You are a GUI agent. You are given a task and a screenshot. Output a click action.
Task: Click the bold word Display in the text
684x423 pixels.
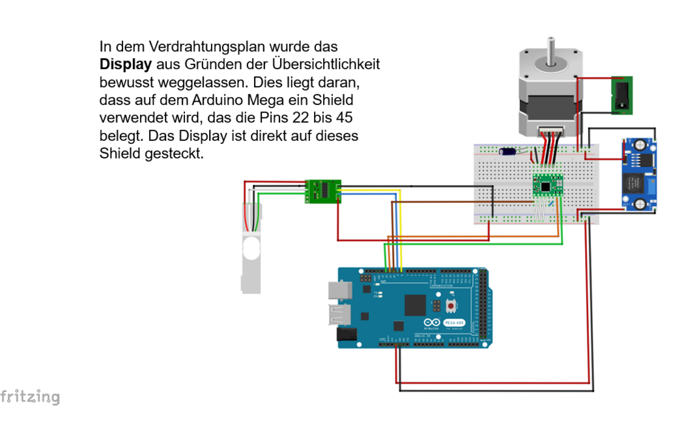coord(125,65)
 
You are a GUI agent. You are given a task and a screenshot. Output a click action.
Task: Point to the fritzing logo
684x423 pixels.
coord(30,397)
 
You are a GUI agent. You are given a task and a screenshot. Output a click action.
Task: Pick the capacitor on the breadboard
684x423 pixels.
coord(508,151)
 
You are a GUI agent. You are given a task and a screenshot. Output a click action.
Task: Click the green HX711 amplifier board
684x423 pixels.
coord(323,190)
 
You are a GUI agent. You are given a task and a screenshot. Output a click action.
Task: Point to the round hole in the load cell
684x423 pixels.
coord(251,248)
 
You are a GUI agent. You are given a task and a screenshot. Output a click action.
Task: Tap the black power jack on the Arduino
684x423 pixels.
coord(346,335)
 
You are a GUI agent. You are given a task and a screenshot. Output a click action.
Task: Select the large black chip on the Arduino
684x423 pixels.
coord(415,304)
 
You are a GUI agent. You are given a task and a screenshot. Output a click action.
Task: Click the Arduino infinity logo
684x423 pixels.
coord(432,323)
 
